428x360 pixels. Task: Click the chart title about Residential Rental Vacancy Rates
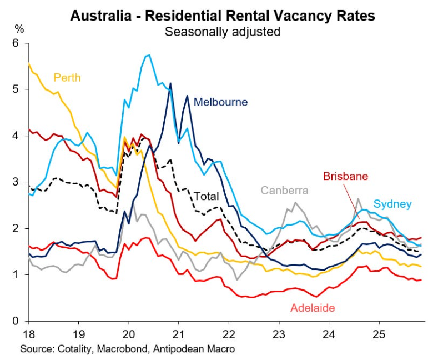(222, 15)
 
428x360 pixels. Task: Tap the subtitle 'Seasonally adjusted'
(222, 31)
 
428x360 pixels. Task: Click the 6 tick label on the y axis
(16, 43)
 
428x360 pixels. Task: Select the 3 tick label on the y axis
(16, 182)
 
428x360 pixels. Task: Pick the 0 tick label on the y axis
(16, 321)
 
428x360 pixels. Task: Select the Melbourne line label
(220, 102)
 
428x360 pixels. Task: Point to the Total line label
(206, 196)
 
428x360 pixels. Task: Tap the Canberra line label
(284, 191)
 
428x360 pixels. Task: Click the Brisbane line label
(345, 177)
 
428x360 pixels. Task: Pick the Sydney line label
(392, 204)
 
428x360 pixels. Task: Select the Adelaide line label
(313, 307)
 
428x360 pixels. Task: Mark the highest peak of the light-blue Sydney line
(148, 55)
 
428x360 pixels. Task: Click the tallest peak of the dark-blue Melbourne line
(170, 83)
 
